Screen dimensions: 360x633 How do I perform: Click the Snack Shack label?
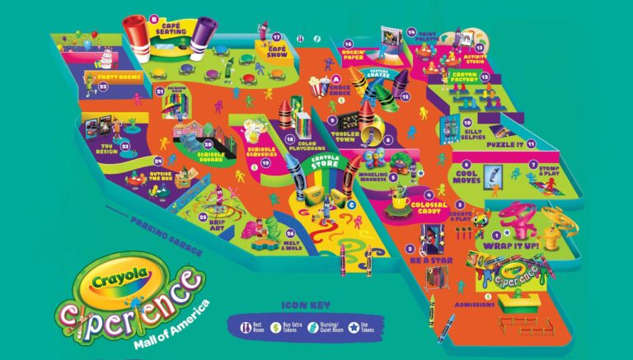click(340, 91)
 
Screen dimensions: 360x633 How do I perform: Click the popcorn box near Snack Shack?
click(316, 85)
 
